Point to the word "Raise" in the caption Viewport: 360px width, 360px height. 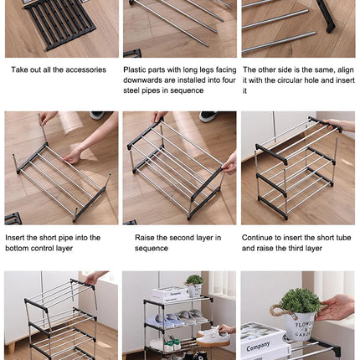point(146,238)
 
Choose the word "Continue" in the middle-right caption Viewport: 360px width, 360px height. point(260,238)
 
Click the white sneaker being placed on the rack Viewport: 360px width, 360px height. point(213,336)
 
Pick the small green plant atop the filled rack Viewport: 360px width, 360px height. point(193,280)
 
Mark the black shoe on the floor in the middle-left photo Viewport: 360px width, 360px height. point(97,116)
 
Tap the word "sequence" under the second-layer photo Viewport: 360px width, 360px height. point(152,249)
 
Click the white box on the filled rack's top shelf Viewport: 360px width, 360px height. point(170,295)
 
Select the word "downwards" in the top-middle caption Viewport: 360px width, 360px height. point(141,81)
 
